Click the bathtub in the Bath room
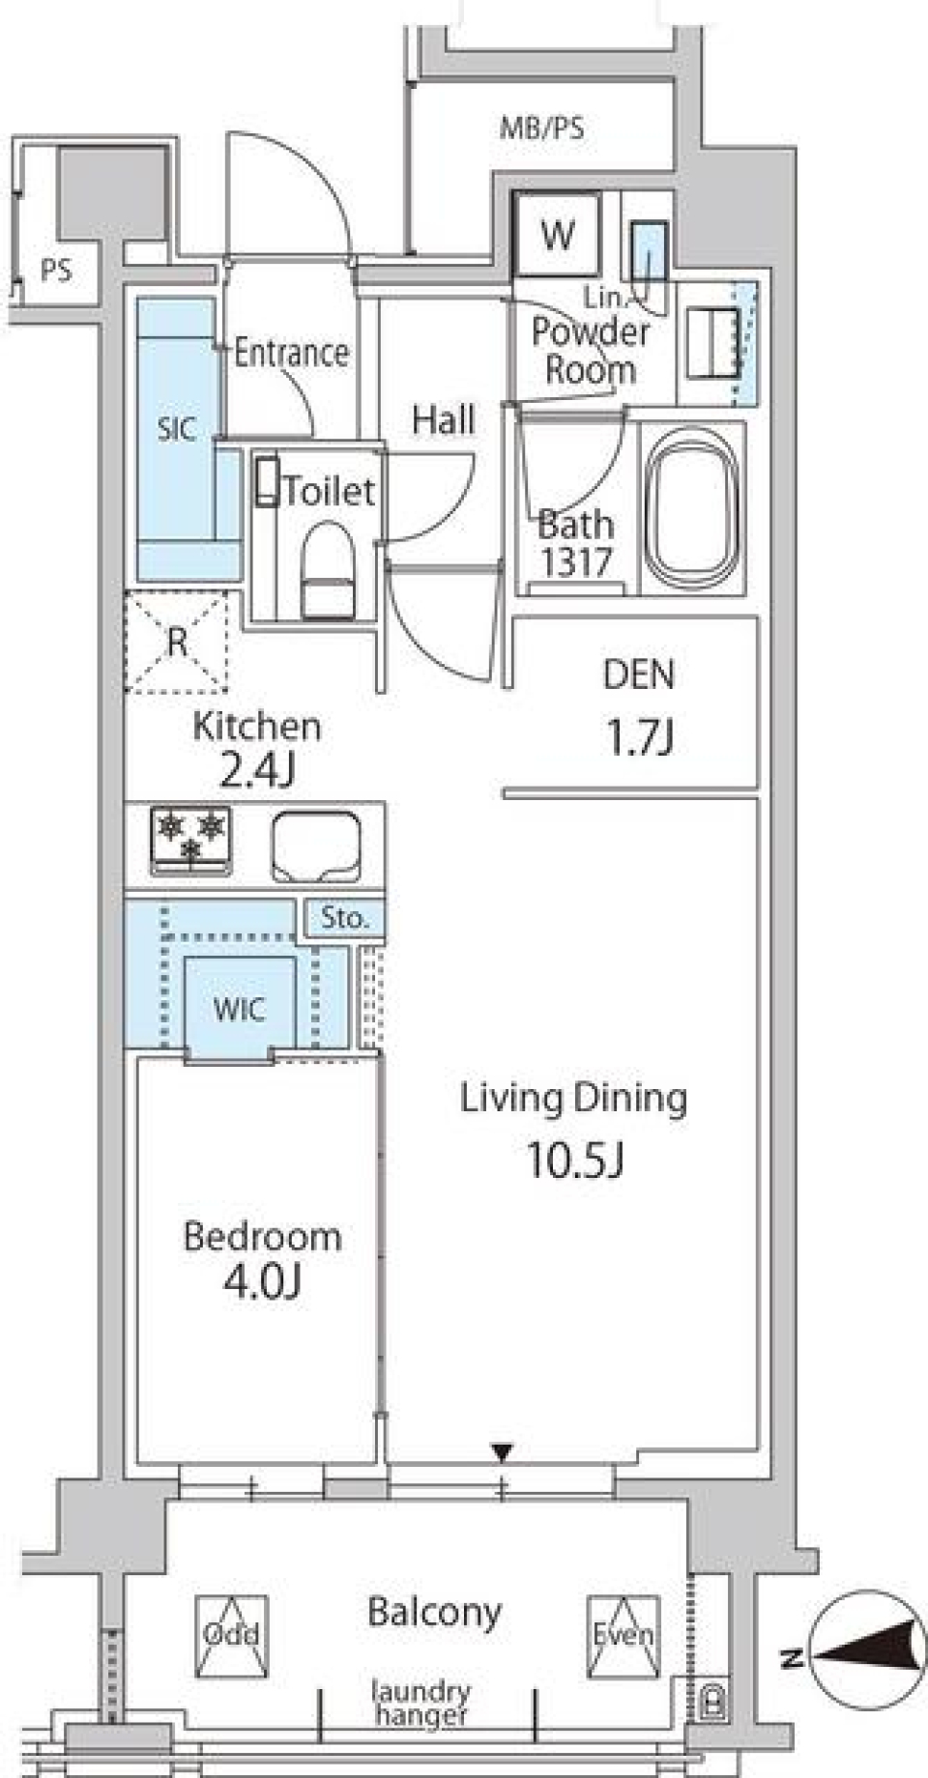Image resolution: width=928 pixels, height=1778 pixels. click(x=692, y=508)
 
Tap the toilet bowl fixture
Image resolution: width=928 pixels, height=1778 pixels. click(x=326, y=570)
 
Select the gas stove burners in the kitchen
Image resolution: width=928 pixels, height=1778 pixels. click(x=190, y=837)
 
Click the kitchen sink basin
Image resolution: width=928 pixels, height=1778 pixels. click(x=316, y=846)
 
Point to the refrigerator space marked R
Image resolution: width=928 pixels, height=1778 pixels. click(x=176, y=643)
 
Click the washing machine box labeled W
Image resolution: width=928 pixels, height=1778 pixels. click(x=557, y=234)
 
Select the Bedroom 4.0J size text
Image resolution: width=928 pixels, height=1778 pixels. click(x=262, y=1282)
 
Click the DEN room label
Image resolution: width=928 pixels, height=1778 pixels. click(x=638, y=674)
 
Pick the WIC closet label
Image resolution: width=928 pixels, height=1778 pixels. click(x=239, y=1010)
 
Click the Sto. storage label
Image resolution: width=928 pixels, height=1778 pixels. click(x=345, y=917)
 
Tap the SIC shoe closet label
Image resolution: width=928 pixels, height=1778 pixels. click(x=176, y=428)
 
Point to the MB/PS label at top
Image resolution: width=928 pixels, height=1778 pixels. click(x=541, y=128)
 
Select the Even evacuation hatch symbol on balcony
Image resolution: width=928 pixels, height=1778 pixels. click(x=623, y=1636)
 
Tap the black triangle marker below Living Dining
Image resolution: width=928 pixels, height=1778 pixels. click(x=501, y=1452)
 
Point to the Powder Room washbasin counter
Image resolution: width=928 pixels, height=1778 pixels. click(x=713, y=342)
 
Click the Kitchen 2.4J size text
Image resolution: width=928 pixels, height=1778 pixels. click(x=257, y=771)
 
